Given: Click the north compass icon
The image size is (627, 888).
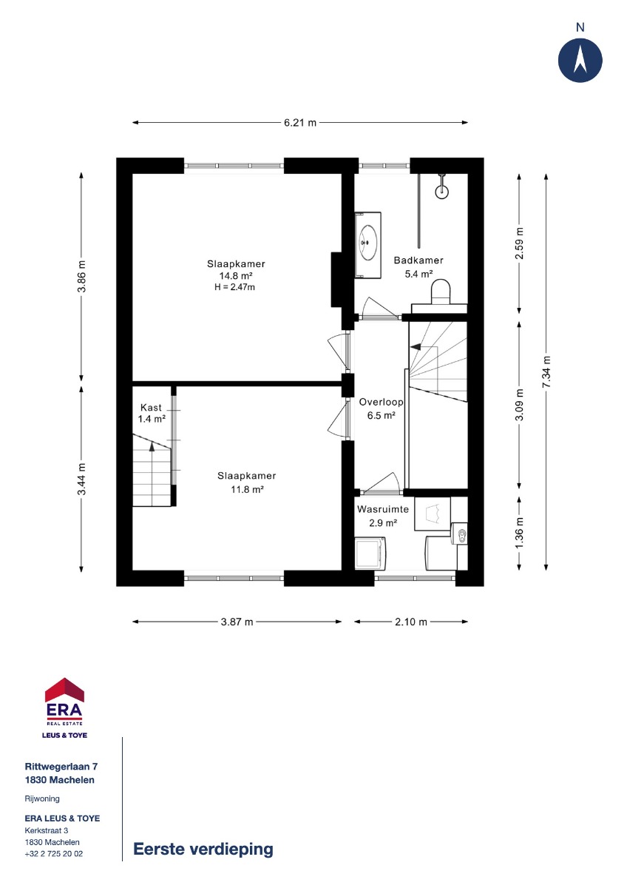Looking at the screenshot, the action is [x=580, y=60].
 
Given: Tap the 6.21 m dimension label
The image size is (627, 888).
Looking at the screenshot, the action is [x=300, y=123].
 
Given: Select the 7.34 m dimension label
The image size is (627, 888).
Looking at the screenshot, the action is [x=546, y=371].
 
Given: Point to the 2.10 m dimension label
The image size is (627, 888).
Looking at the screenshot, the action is [x=411, y=622].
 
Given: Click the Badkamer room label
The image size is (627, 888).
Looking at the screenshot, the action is [x=418, y=260].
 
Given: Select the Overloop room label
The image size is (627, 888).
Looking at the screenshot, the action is [x=381, y=402].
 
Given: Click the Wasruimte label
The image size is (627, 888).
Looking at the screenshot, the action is [x=382, y=509].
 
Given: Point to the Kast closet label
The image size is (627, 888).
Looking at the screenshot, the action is [x=151, y=407].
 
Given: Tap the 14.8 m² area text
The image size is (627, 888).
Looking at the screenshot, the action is [x=236, y=275].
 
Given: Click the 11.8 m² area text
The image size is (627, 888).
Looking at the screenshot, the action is [x=247, y=489].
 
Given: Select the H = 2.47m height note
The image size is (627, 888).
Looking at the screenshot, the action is [x=234, y=287].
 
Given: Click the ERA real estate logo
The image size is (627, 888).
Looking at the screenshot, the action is [x=64, y=708].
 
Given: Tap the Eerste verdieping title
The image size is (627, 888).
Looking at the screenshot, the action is [x=203, y=849].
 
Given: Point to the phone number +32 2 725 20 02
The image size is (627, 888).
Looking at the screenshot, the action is [x=54, y=853].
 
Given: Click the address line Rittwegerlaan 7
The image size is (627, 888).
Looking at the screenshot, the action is [x=61, y=767].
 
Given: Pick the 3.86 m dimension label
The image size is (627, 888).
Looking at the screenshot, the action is [x=81, y=276].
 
